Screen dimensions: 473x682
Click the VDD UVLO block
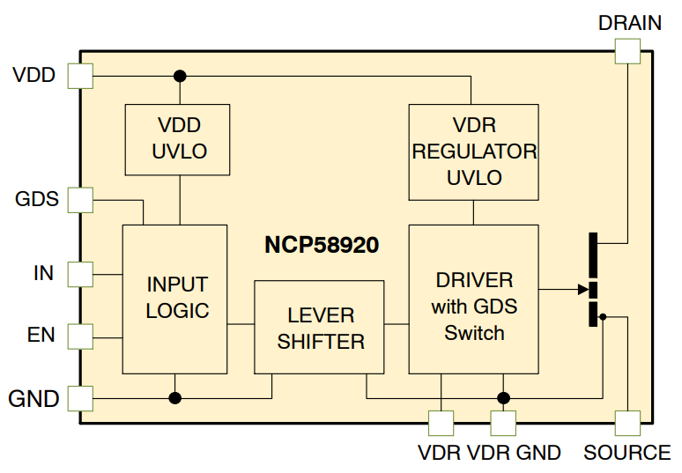[179, 139]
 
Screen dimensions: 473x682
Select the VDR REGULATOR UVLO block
[473, 152]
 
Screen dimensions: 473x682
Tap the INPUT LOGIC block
[175, 298]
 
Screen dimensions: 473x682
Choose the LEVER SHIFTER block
[319, 327]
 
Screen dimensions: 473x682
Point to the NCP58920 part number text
[322, 245]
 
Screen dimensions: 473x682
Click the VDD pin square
[80, 76]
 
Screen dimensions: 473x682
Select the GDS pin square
[80, 200]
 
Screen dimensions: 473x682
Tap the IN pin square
[80, 274]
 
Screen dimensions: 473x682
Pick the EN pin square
[80, 336]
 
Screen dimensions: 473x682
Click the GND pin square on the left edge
[80, 398]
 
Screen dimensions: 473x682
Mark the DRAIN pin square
[626, 50]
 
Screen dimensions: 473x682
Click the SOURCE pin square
[626, 423]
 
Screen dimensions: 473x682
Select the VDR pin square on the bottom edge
[439, 423]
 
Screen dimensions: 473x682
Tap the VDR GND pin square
[503, 423]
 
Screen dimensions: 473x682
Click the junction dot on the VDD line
[180, 76]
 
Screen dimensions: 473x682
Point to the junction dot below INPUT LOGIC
[175, 398]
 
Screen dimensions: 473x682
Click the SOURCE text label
[626, 453]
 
